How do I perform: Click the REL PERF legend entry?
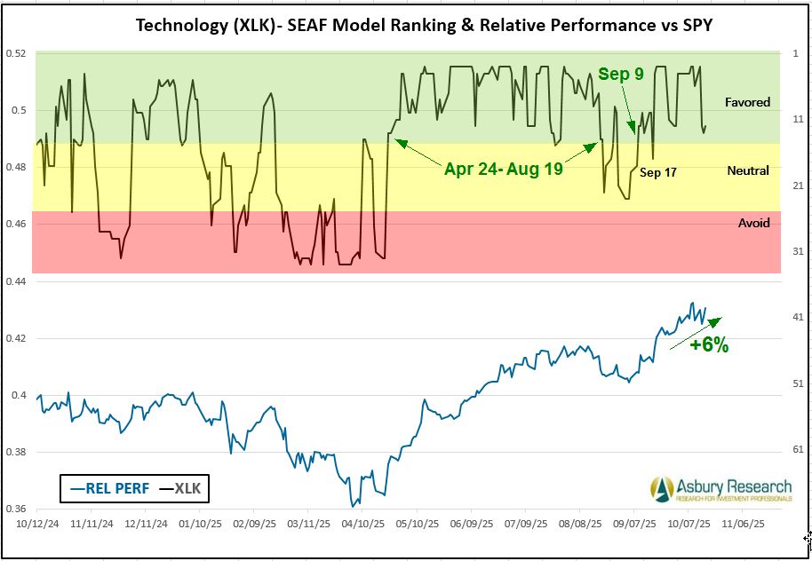[99, 487]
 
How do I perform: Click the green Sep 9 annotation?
[620, 75]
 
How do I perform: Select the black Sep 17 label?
[658, 172]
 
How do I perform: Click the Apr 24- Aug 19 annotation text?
[504, 169]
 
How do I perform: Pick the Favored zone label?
[747, 102]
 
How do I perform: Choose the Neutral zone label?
[747, 170]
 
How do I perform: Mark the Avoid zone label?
[754, 223]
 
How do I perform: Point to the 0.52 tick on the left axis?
[17, 53]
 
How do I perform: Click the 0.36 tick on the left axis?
[17, 510]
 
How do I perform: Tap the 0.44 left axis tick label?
[17, 281]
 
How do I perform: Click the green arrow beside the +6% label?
[695, 328]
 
